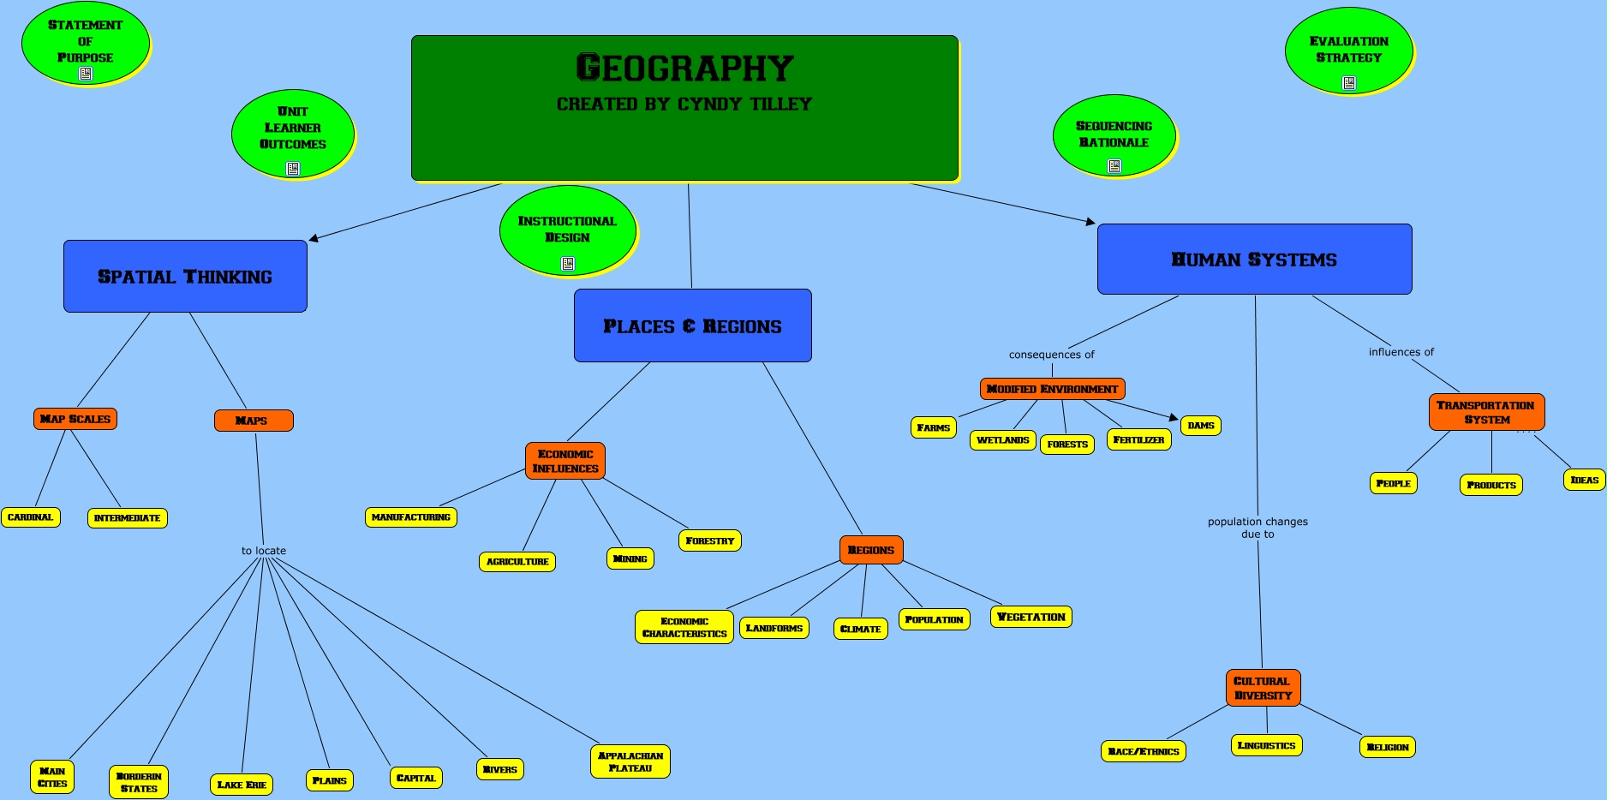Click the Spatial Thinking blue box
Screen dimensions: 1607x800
(x=185, y=276)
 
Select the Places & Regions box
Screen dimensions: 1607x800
(x=692, y=325)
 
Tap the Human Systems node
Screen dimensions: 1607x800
(x=1254, y=259)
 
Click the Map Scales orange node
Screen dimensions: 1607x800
(x=75, y=419)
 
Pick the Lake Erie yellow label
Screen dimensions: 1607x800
(x=242, y=785)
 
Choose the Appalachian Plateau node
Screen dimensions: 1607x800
(x=630, y=761)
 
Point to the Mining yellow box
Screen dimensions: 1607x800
(x=630, y=558)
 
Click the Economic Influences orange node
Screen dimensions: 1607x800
(x=565, y=461)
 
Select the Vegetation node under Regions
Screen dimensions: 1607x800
(x=1031, y=617)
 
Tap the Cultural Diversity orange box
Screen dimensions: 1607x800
(x=1263, y=688)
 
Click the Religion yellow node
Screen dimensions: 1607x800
(x=1388, y=747)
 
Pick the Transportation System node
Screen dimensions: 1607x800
(x=1486, y=412)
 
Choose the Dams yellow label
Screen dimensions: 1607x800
(x=1201, y=426)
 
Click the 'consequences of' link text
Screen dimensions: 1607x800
(x=1051, y=355)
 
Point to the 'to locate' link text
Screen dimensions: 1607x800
(x=264, y=551)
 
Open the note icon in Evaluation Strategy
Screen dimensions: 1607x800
(x=1349, y=83)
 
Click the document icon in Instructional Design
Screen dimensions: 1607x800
(x=567, y=264)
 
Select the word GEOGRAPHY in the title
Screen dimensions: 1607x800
(x=684, y=68)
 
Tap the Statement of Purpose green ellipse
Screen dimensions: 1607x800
(x=86, y=44)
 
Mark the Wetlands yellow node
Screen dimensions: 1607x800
(x=1003, y=440)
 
